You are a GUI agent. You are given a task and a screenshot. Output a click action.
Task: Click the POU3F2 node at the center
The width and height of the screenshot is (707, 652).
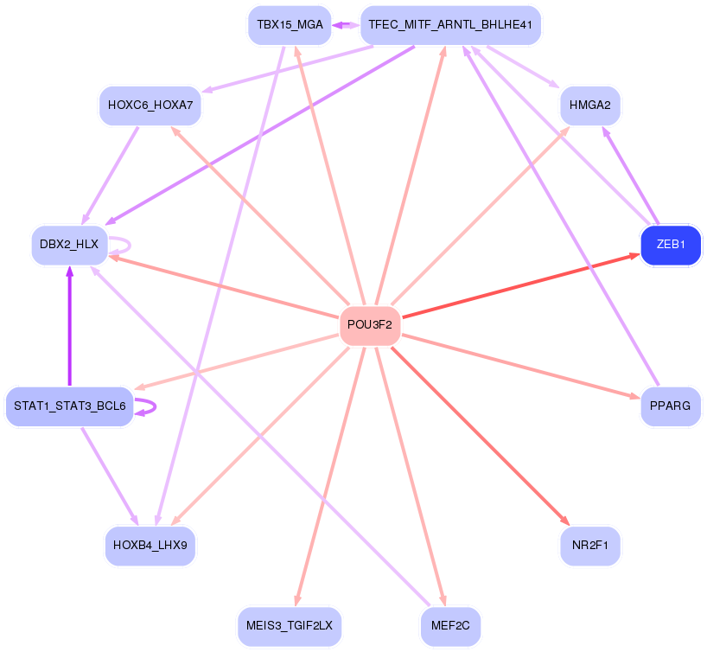(370, 325)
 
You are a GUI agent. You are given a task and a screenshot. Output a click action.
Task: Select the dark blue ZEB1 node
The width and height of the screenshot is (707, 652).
(670, 245)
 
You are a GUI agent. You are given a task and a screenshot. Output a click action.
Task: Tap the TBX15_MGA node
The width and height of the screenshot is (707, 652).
(290, 25)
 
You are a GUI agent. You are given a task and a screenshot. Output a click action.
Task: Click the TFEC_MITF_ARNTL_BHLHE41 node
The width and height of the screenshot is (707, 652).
(449, 25)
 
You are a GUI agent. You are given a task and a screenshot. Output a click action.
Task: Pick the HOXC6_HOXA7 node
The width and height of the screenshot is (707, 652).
(150, 105)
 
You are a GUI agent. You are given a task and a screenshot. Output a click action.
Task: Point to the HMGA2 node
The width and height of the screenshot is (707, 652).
(590, 105)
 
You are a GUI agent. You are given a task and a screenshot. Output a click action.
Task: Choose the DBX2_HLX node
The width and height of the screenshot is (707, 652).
(69, 245)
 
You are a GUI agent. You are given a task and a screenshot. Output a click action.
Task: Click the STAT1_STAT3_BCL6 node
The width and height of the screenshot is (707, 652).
(69, 406)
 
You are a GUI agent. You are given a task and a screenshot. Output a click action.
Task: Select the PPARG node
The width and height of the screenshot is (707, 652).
(670, 406)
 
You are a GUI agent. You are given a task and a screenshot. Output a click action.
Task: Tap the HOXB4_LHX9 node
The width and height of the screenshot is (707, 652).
(150, 545)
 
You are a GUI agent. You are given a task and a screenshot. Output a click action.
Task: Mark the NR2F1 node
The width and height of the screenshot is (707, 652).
(590, 545)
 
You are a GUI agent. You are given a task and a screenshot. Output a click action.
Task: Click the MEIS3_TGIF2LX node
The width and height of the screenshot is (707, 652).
(290, 624)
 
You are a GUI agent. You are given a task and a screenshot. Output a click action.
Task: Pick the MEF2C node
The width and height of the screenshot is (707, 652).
(449, 624)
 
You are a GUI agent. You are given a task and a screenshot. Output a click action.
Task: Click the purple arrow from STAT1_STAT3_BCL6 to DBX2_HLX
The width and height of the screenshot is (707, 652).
(69, 329)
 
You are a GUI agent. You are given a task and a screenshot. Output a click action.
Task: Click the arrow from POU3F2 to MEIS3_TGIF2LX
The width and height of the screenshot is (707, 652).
(332, 467)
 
